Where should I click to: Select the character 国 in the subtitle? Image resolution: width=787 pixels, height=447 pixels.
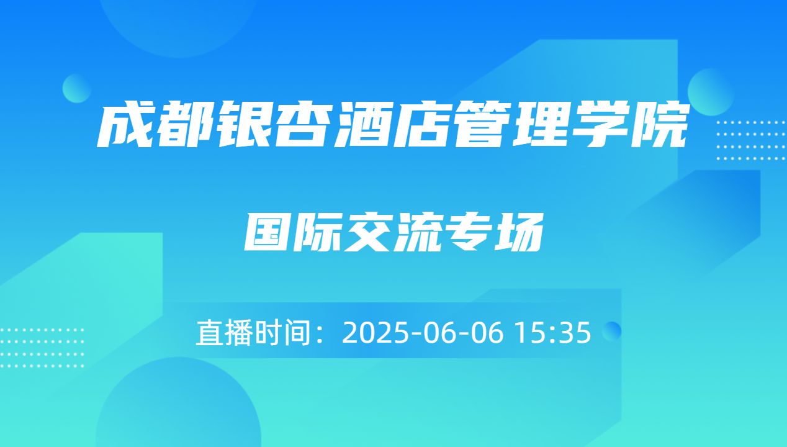[x=267, y=232]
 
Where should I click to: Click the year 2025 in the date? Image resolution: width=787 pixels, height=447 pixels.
[x=371, y=333]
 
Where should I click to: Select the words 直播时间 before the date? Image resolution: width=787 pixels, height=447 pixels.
[x=252, y=333]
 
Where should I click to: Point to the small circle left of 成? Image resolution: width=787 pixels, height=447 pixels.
[x=77, y=88]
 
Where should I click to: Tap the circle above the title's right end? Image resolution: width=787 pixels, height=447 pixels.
[x=711, y=91]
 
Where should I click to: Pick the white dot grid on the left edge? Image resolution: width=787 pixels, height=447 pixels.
[x=42, y=348]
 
